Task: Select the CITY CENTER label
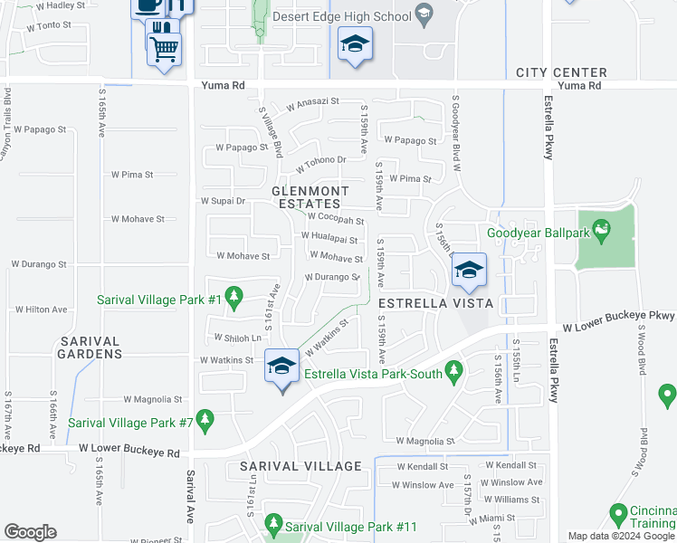tap(561, 72)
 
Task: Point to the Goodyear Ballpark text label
tap(538, 233)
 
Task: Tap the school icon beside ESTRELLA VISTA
tap(469, 271)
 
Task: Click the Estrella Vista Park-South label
tap(373, 374)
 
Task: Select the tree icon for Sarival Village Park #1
tap(234, 296)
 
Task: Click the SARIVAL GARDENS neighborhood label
tap(91, 348)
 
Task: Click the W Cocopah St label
tap(336, 217)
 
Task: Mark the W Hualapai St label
tap(329, 237)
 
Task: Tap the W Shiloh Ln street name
tap(237, 338)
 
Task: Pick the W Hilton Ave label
tap(40, 310)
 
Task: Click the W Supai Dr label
tap(223, 200)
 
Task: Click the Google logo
tap(30, 532)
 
